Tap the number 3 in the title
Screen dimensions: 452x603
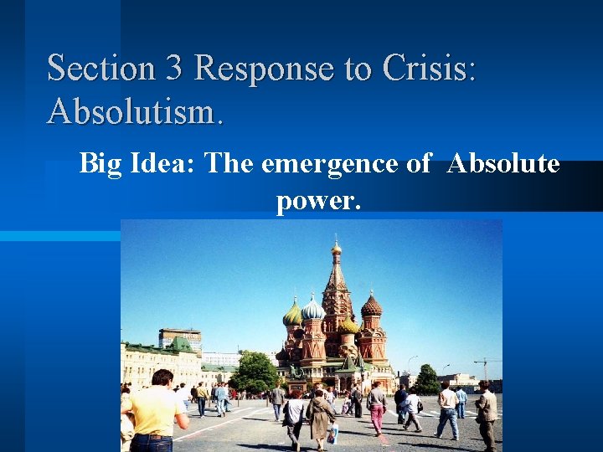(x=174, y=68)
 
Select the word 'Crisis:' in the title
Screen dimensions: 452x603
(x=429, y=68)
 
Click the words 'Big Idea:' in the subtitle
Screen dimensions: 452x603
(x=138, y=164)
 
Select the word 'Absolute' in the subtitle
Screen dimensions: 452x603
(x=503, y=164)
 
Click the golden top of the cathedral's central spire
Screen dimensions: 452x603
(x=337, y=248)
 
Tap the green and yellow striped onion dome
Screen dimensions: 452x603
(x=293, y=316)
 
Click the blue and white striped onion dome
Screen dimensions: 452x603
(x=313, y=311)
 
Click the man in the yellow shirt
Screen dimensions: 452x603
(x=156, y=410)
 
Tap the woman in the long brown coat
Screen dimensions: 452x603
(x=320, y=416)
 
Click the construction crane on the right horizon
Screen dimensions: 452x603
(x=485, y=366)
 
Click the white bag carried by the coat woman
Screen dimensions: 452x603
(x=333, y=434)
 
